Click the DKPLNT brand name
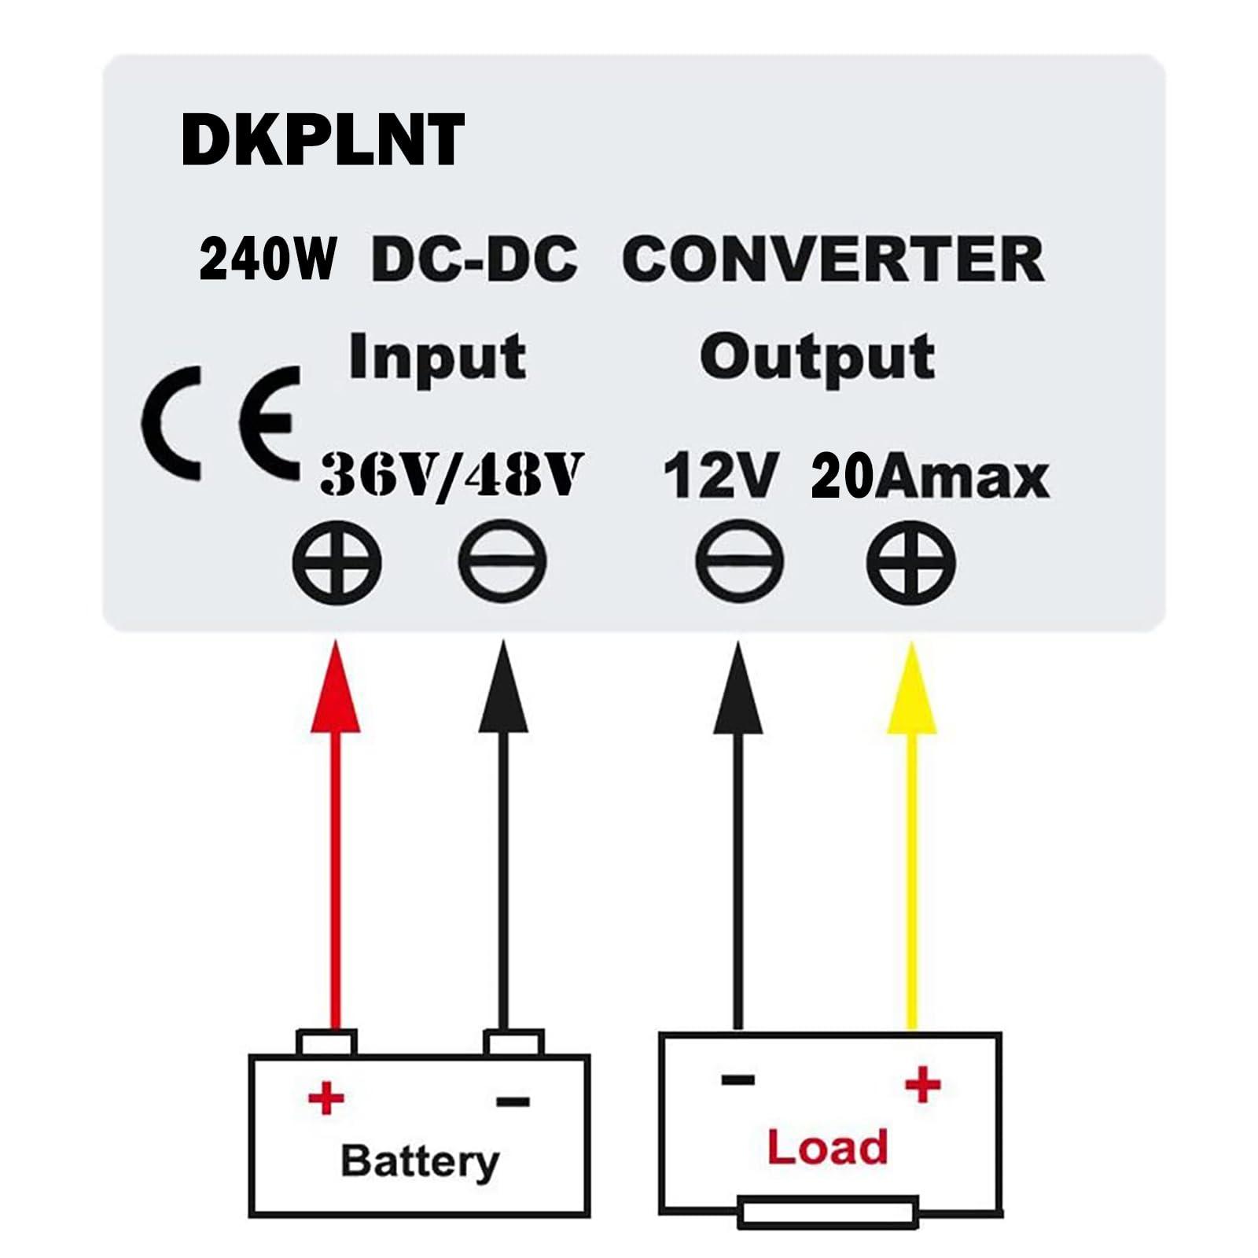322,140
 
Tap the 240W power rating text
267,259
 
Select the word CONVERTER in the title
833,259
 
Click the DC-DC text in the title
474,259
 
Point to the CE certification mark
222,425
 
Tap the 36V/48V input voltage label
451,475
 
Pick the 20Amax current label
930,476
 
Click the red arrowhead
336,692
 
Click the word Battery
420,1162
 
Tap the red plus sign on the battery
326,1097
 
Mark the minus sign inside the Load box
738,1080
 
